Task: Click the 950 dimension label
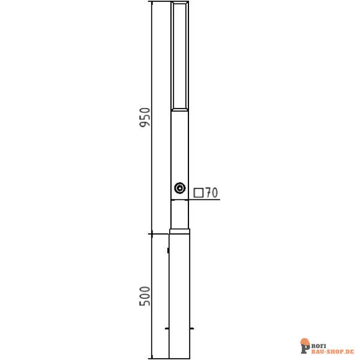pyautogui.click(x=145, y=117)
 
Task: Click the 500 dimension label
pyautogui.click(x=145, y=296)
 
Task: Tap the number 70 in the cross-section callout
pyautogui.click(x=211, y=193)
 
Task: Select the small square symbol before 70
pyautogui.click(x=199, y=193)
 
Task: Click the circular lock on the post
pyautogui.click(x=180, y=188)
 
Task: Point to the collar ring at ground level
pyautogui.click(x=180, y=231)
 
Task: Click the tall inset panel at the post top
pyautogui.click(x=180, y=56)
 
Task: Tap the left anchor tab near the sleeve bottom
pyautogui.click(x=167, y=329)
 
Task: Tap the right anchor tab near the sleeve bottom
pyautogui.click(x=192, y=329)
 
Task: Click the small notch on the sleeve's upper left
pyautogui.click(x=168, y=250)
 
